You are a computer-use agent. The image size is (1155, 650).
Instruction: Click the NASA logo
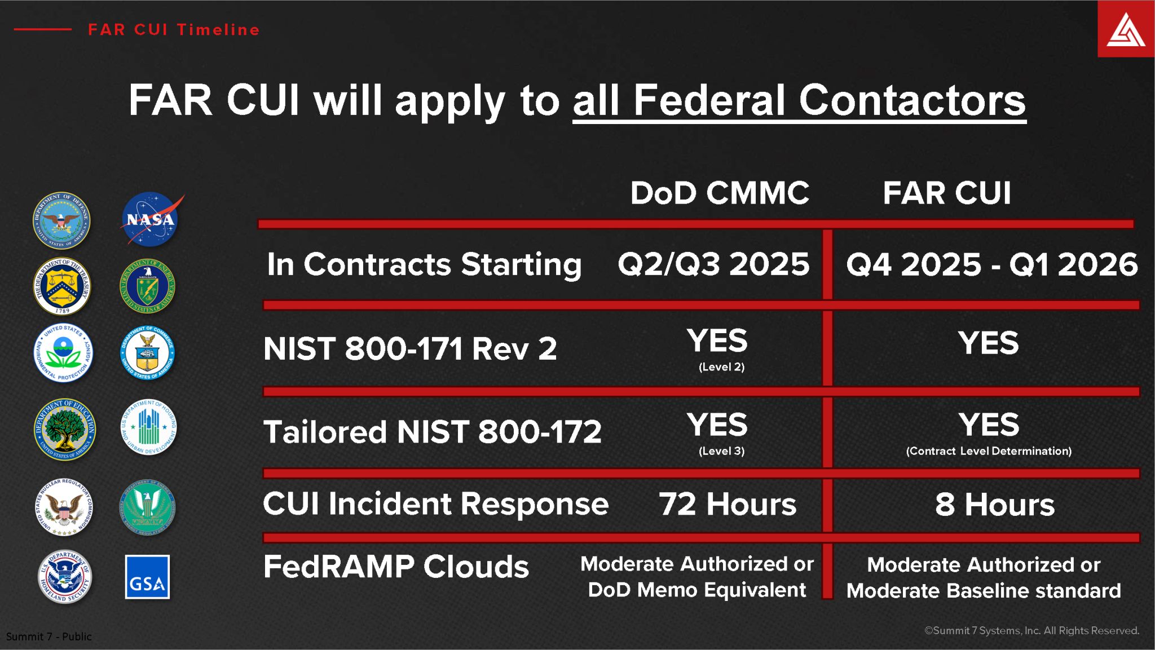[x=150, y=219]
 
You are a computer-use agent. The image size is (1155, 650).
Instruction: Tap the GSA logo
[x=147, y=577]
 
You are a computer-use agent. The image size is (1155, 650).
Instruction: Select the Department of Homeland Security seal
[x=64, y=577]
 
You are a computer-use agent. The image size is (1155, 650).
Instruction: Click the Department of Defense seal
[x=62, y=220]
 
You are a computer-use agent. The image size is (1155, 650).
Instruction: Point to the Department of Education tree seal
[x=64, y=430]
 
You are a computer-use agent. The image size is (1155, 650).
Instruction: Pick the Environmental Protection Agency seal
[x=63, y=353]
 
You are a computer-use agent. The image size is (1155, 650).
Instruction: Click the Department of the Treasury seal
[x=62, y=286]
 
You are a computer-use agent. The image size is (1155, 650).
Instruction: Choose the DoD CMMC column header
[x=720, y=193]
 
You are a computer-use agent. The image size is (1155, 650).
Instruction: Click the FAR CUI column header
[x=947, y=193]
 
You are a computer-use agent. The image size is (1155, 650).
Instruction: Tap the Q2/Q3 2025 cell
[x=713, y=264]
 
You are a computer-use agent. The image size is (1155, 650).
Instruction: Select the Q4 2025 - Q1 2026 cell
[x=991, y=264]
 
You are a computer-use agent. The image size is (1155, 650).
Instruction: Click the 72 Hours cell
[x=728, y=504]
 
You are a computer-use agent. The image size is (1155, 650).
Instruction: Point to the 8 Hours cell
[x=994, y=504]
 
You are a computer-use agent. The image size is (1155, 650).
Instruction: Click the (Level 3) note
[x=721, y=451]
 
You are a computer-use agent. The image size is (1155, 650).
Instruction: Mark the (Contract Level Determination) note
[x=989, y=451]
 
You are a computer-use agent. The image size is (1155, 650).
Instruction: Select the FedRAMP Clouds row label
[x=396, y=567]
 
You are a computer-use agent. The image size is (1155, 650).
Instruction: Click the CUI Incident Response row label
[x=435, y=503]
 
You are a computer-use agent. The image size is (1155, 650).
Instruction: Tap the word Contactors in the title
[x=912, y=100]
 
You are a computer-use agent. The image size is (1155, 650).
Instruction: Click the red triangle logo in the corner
[x=1126, y=29]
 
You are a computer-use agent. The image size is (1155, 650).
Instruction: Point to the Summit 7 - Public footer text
[x=49, y=636]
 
